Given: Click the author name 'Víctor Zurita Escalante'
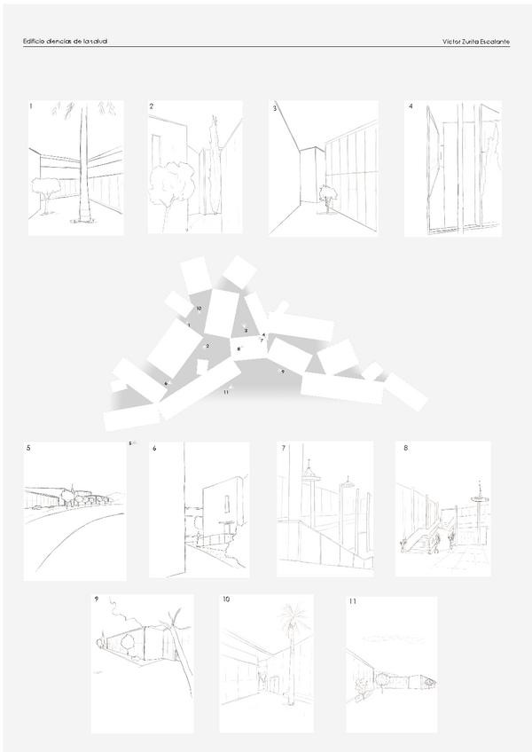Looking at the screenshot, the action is (x=475, y=42).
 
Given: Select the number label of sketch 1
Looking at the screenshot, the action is (x=31, y=106).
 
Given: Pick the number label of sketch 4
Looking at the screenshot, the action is (x=411, y=106).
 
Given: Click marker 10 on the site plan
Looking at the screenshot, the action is (x=199, y=309).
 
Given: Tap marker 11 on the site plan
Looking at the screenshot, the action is (x=226, y=391).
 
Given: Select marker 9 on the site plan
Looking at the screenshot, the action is (x=282, y=371).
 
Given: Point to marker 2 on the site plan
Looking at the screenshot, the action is (x=207, y=346).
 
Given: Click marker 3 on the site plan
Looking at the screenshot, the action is (x=246, y=330).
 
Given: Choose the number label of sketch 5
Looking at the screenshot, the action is (x=29, y=449).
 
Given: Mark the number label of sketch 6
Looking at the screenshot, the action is (x=154, y=449).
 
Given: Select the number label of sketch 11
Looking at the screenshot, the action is (x=353, y=601).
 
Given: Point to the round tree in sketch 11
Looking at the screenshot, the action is (x=381, y=680).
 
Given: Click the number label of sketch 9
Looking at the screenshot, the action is (x=97, y=599).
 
